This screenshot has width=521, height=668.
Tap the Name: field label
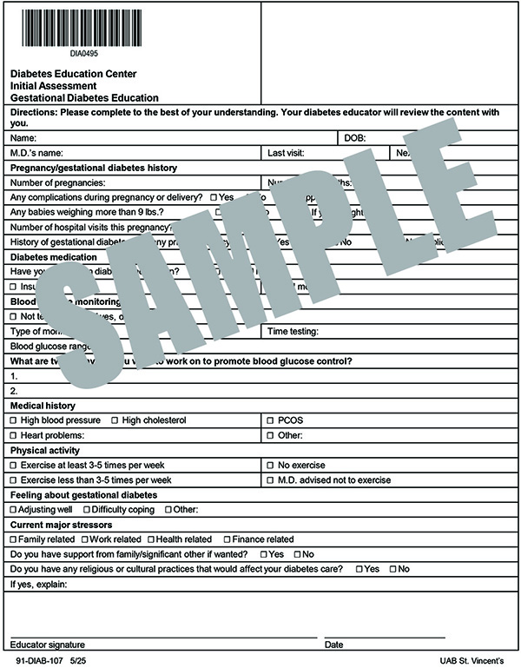[x=23, y=138]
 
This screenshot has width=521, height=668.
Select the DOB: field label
[x=355, y=138]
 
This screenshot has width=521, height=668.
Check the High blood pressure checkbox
[x=13, y=420]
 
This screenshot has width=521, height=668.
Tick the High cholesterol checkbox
[x=115, y=420]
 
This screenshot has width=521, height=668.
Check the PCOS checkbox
[x=270, y=420]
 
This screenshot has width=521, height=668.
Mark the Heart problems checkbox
[x=13, y=435]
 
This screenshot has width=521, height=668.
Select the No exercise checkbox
[x=270, y=466]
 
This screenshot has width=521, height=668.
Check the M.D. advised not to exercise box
[x=270, y=480]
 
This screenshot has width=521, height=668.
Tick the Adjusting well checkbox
[x=13, y=510]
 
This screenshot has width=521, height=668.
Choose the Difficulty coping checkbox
[x=87, y=510]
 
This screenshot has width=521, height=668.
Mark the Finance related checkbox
[x=227, y=539]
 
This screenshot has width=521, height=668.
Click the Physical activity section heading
[x=45, y=450]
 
